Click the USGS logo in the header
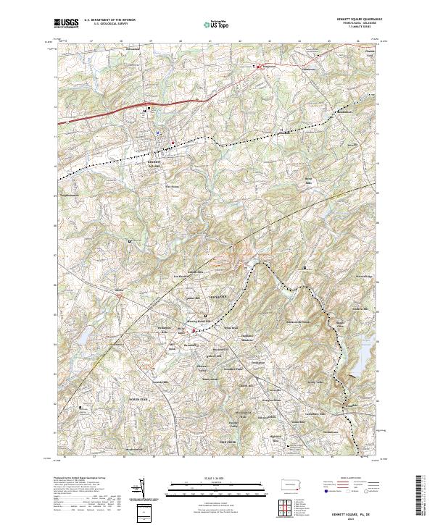pos(66,23)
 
